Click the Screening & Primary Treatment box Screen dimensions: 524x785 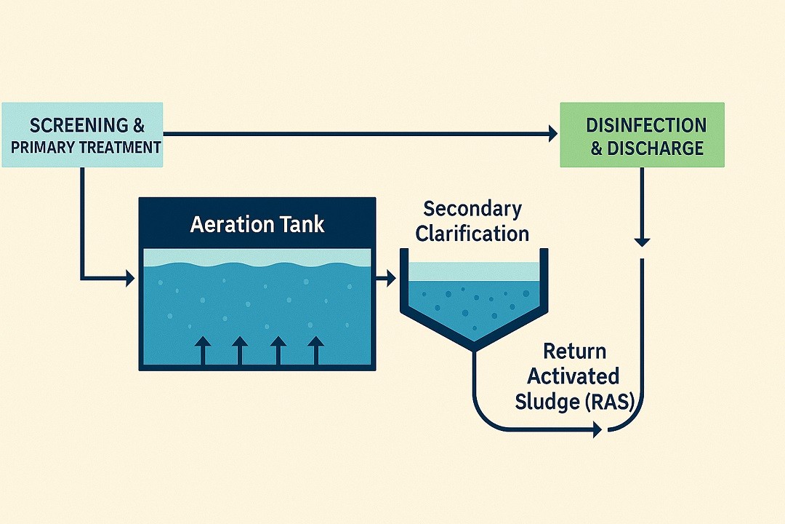(x=81, y=135)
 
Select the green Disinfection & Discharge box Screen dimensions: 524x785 (x=642, y=135)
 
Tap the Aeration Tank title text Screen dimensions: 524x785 (x=257, y=224)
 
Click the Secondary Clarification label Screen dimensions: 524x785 (x=473, y=221)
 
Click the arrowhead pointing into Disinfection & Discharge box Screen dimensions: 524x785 (x=552, y=133)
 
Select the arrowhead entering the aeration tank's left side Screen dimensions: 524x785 (x=131, y=277)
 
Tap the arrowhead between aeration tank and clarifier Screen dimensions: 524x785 (x=390, y=277)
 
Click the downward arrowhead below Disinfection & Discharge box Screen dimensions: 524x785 (x=642, y=241)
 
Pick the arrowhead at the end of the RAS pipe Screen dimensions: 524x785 (x=597, y=430)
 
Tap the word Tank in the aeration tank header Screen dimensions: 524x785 (x=299, y=224)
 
